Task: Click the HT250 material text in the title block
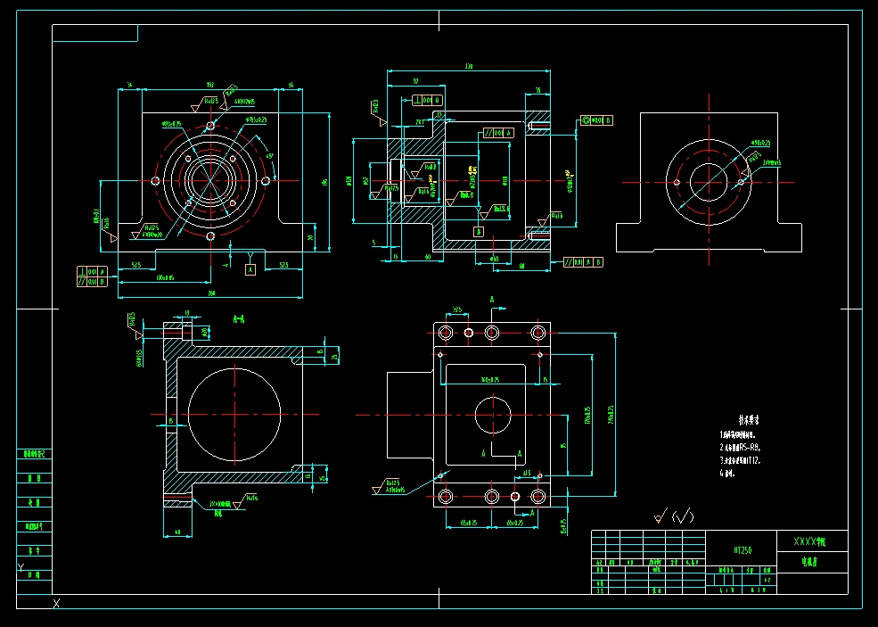(743, 551)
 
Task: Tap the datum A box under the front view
(250, 268)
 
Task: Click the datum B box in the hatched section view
(479, 231)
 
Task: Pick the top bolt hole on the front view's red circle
(210, 126)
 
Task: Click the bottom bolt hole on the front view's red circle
(210, 237)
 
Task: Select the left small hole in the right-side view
(677, 182)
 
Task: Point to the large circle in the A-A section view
(234, 415)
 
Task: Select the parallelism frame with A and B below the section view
(585, 262)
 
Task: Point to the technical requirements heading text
(747, 418)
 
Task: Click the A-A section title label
(238, 318)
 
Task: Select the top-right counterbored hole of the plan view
(537, 333)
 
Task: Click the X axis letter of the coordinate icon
(56, 605)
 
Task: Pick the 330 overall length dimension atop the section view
(469, 66)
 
